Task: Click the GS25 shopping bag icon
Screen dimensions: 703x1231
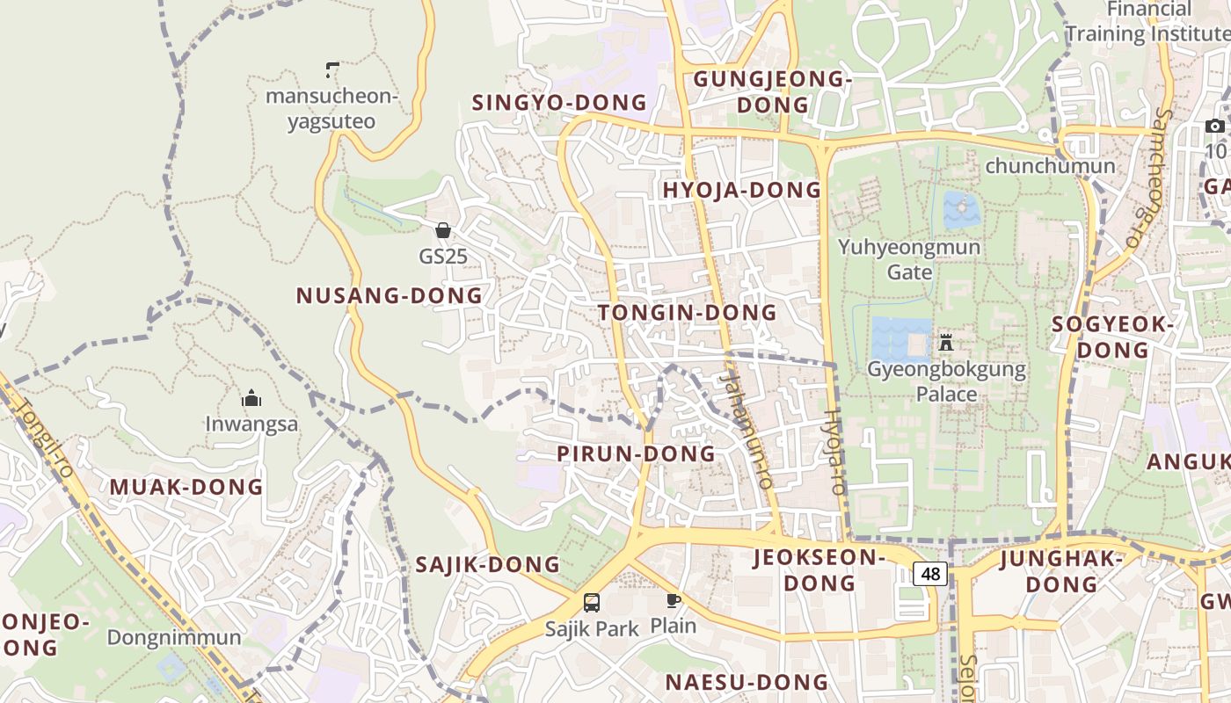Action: coord(443,230)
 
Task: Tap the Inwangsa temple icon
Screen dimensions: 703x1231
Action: coord(251,398)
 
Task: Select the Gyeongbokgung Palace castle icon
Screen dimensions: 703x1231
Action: coord(946,342)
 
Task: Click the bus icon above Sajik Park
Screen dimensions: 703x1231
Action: coord(592,603)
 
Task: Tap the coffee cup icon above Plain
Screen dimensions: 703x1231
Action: coord(673,600)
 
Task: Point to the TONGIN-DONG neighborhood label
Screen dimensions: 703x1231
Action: coord(688,313)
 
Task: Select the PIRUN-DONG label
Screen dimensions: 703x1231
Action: coord(637,454)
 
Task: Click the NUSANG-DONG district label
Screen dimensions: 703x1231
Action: coord(390,296)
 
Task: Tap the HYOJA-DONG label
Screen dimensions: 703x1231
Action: coord(741,191)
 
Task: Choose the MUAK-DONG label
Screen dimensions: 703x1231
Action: coord(186,487)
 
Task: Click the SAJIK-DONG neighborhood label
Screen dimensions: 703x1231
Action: coord(487,565)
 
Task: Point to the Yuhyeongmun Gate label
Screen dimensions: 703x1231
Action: coord(909,259)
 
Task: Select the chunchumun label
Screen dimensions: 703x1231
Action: coord(1050,165)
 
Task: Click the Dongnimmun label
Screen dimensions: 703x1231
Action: coord(174,637)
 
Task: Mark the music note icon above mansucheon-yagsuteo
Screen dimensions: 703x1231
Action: coord(332,69)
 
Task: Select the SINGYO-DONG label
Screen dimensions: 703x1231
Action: coord(559,103)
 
